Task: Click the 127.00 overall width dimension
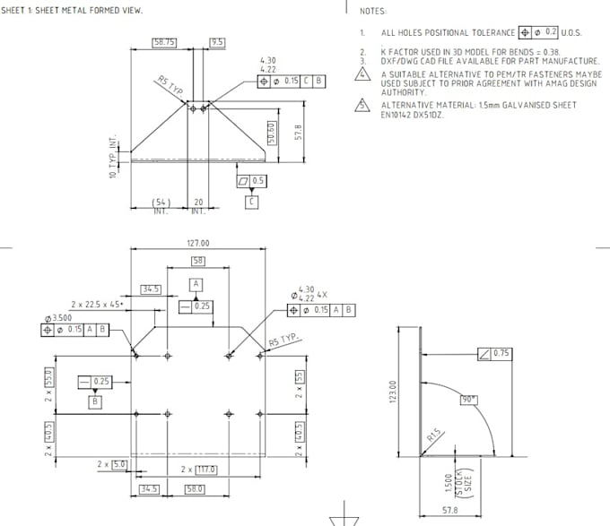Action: [197, 244]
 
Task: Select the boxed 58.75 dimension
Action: [164, 42]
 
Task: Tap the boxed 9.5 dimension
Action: [217, 42]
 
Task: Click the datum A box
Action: [196, 283]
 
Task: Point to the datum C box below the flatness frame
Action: [251, 203]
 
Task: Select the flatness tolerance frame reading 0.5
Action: [252, 181]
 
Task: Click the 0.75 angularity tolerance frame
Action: [494, 353]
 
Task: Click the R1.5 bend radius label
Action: [434, 436]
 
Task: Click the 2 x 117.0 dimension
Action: [197, 470]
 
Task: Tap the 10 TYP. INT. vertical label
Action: [114, 158]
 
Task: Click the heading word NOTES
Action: [373, 12]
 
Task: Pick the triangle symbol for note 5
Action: [362, 105]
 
